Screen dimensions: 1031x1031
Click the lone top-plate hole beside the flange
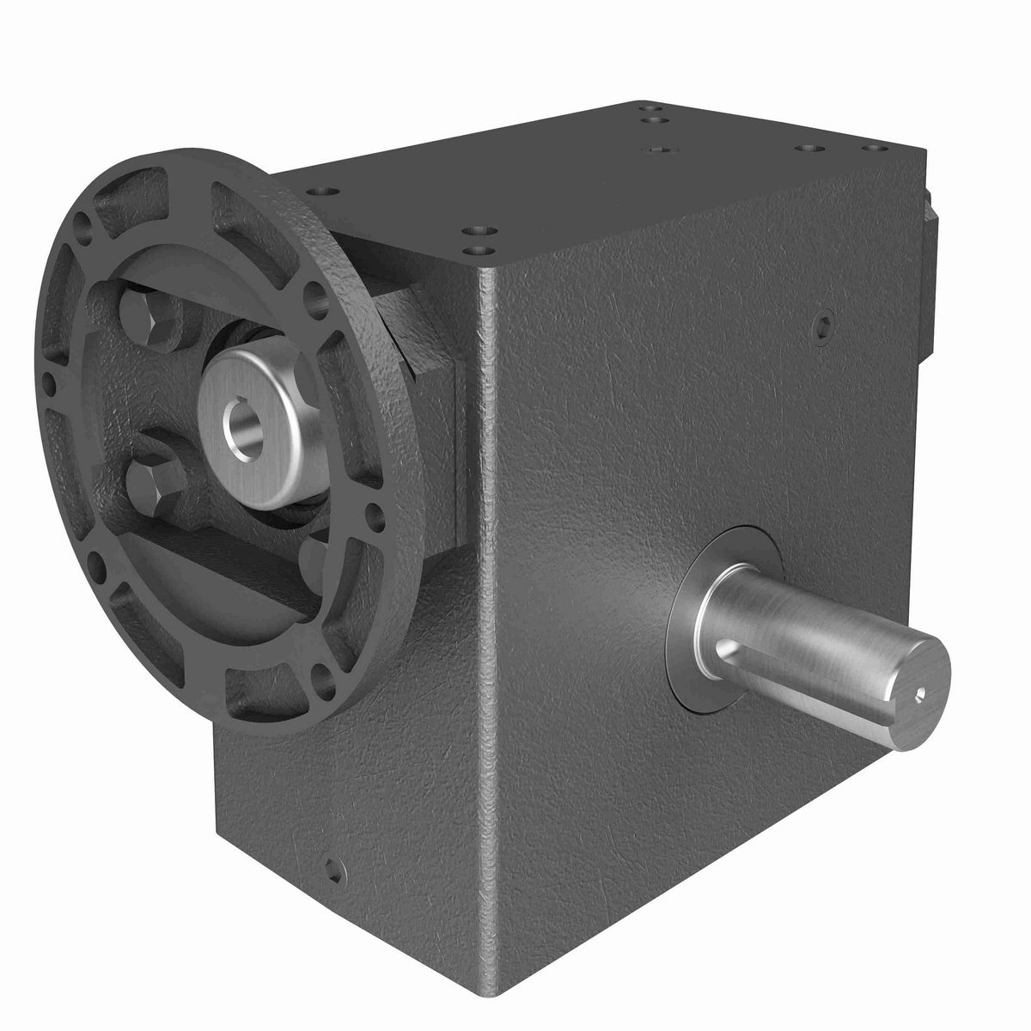322,191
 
